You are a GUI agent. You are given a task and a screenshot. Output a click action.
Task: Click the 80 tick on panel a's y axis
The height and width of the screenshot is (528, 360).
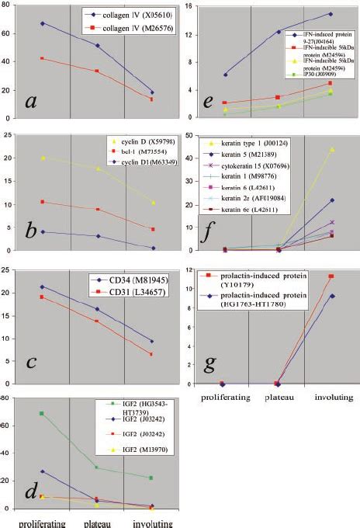pos(5,5)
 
